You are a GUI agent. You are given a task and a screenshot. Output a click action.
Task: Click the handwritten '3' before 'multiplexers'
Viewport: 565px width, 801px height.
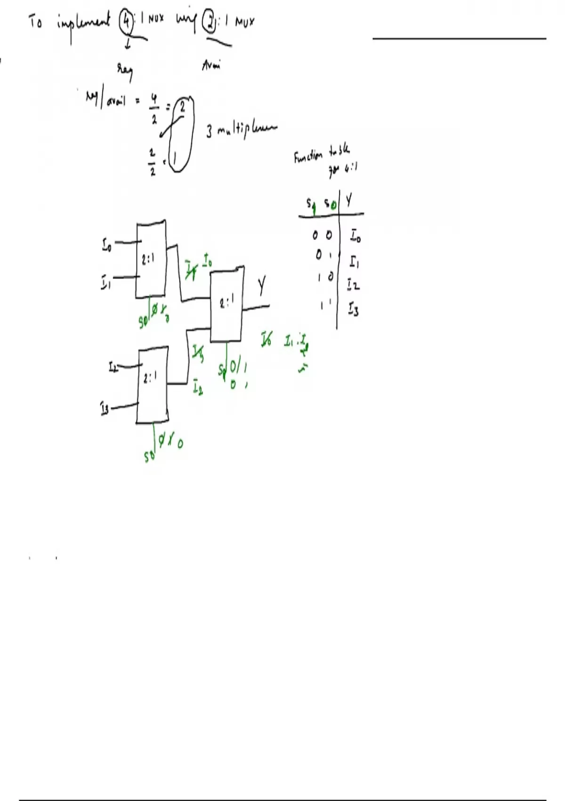[x=209, y=131]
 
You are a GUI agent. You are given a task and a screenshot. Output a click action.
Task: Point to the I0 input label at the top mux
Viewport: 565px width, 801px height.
[x=107, y=245]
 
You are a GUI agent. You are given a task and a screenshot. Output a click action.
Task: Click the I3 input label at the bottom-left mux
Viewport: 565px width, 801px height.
[x=105, y=408]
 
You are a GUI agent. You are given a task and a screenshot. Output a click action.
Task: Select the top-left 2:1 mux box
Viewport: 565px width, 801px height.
[x=151, y=259]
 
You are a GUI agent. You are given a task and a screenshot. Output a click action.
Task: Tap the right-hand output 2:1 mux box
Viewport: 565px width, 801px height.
[x=226, y=303]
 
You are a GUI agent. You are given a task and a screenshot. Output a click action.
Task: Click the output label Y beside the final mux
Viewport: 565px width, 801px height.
[x=262, y=286]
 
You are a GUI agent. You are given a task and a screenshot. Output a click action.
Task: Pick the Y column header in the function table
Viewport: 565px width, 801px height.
[x=348, y=201]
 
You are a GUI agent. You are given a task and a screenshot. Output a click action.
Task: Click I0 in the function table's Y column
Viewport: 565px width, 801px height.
[x=355, y=235]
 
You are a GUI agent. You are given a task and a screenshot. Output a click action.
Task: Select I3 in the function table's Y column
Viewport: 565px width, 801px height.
[x=354, y=310]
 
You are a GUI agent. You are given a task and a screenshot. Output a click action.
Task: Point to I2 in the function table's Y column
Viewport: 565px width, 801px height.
[x=354, y=285]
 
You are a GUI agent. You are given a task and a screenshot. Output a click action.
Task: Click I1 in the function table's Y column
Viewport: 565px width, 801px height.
[x=354, y=261]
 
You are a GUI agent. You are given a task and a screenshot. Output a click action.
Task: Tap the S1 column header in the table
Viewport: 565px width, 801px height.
[x=311, y=204]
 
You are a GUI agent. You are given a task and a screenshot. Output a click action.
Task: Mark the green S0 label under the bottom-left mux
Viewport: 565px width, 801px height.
[x=149, y=456]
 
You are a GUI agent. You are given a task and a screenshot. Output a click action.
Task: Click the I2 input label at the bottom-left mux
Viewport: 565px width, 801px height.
[x=113, y=367]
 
